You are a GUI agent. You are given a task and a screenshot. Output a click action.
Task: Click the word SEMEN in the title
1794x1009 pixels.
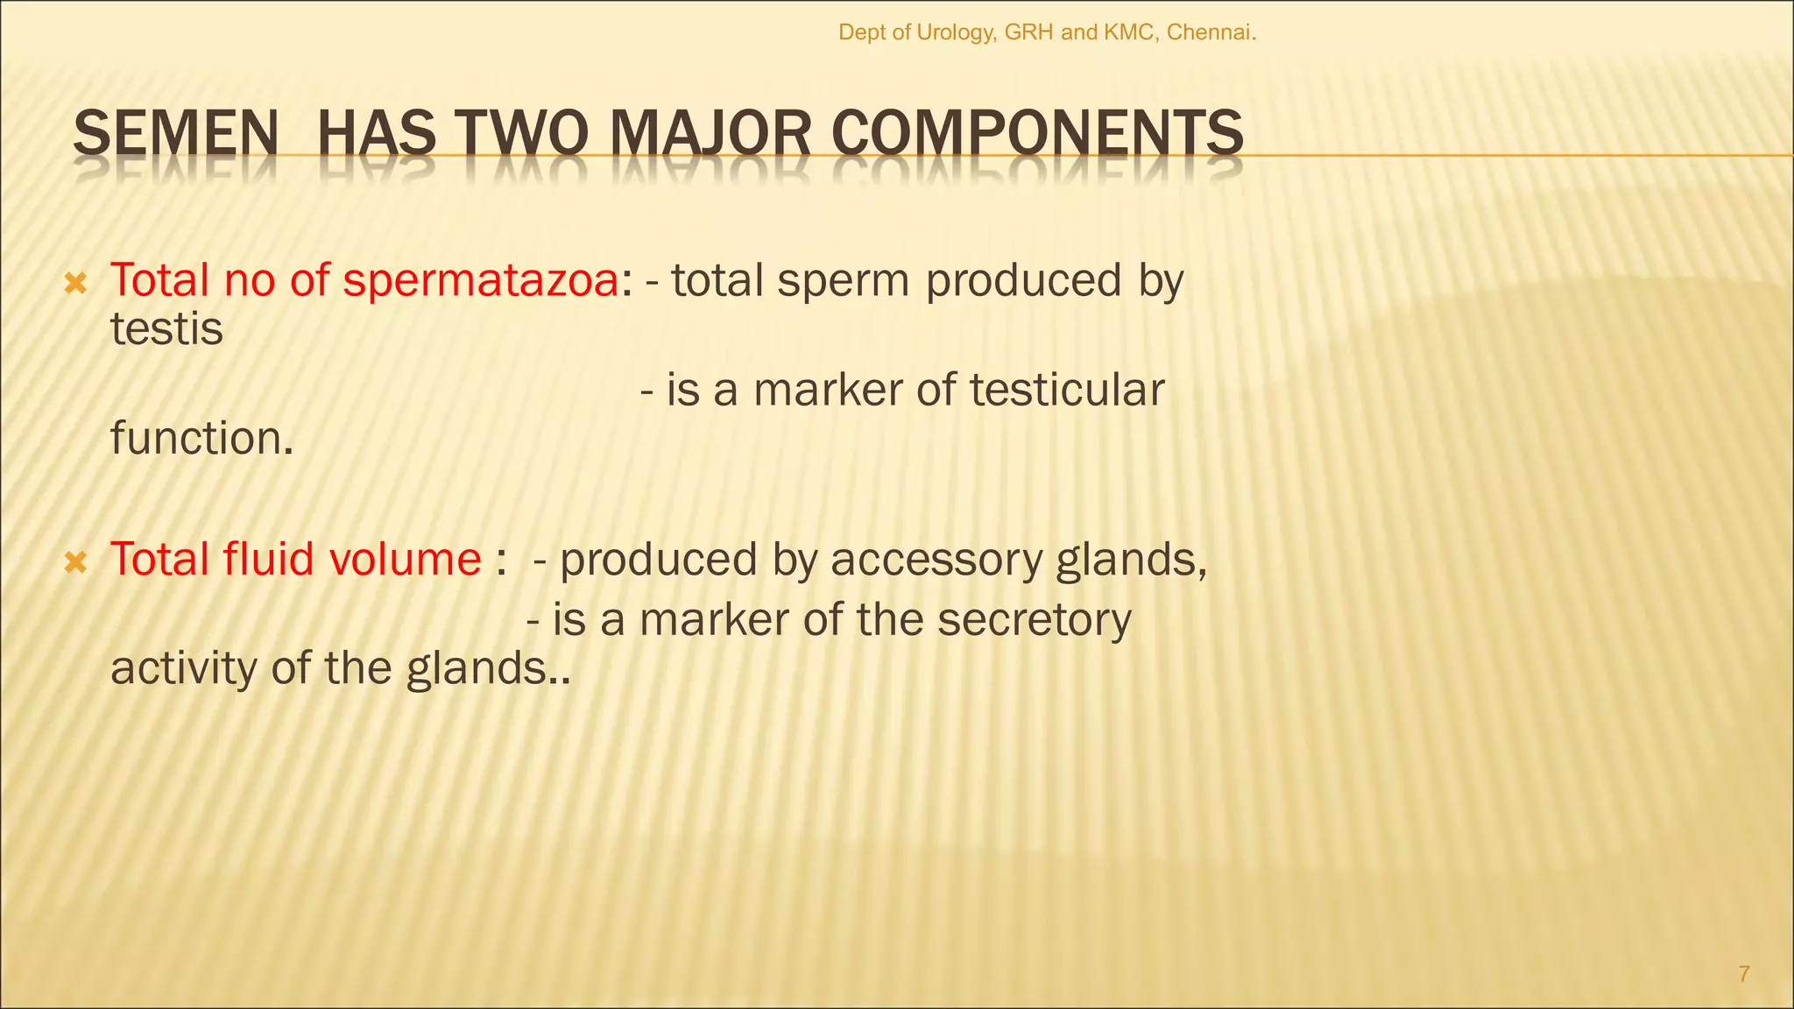[175, 134]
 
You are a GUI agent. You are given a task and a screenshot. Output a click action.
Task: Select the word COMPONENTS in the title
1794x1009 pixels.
[1037, 134]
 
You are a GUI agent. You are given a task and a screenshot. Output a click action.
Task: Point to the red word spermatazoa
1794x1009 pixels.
[481, 281]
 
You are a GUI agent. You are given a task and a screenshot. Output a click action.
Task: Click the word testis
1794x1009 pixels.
[166, 329]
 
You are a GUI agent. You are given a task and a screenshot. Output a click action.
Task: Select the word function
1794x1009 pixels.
[201, 438]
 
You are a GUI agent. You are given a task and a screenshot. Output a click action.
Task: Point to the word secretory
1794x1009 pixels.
[1034, 620]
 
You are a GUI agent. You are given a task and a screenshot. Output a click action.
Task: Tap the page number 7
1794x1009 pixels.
[1743, 974]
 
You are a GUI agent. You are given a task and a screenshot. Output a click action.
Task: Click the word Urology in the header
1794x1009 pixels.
[957, 33]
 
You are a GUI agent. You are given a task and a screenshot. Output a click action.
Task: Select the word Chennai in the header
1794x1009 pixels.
[1211, 33]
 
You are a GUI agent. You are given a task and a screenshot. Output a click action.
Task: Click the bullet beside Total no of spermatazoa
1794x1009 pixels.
[76, 283]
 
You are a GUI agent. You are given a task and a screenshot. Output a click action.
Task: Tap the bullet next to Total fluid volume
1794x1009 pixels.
[76, 561]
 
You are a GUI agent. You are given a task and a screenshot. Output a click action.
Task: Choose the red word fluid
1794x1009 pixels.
[268, 559]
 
